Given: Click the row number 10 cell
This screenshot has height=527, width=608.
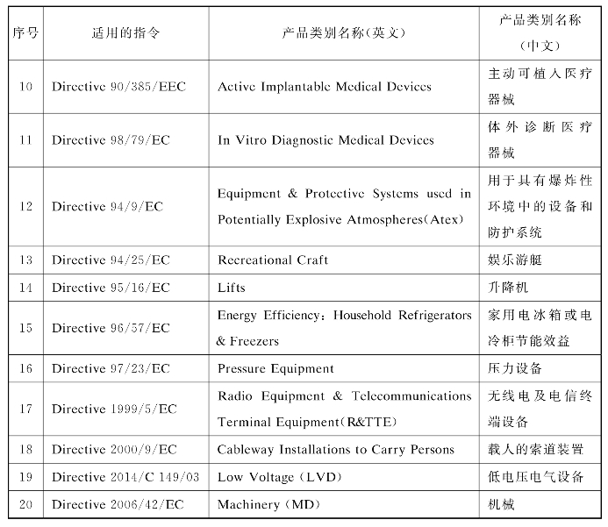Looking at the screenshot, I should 25,87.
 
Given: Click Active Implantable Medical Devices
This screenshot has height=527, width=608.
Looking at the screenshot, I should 325,87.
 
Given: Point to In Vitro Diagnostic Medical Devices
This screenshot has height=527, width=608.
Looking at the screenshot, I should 325,139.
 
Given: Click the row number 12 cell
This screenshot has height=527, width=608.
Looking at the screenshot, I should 25,206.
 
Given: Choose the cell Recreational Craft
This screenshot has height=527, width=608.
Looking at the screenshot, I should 273,260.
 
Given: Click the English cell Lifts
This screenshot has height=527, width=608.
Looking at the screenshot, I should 232,287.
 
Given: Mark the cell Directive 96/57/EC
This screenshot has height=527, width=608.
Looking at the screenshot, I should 111,328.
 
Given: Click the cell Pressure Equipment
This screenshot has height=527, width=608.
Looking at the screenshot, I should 275,368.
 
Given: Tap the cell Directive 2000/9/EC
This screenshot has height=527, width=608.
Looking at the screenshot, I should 114,449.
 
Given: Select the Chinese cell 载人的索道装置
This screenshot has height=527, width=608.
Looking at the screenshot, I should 535,449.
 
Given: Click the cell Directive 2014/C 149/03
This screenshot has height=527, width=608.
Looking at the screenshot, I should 126,477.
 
